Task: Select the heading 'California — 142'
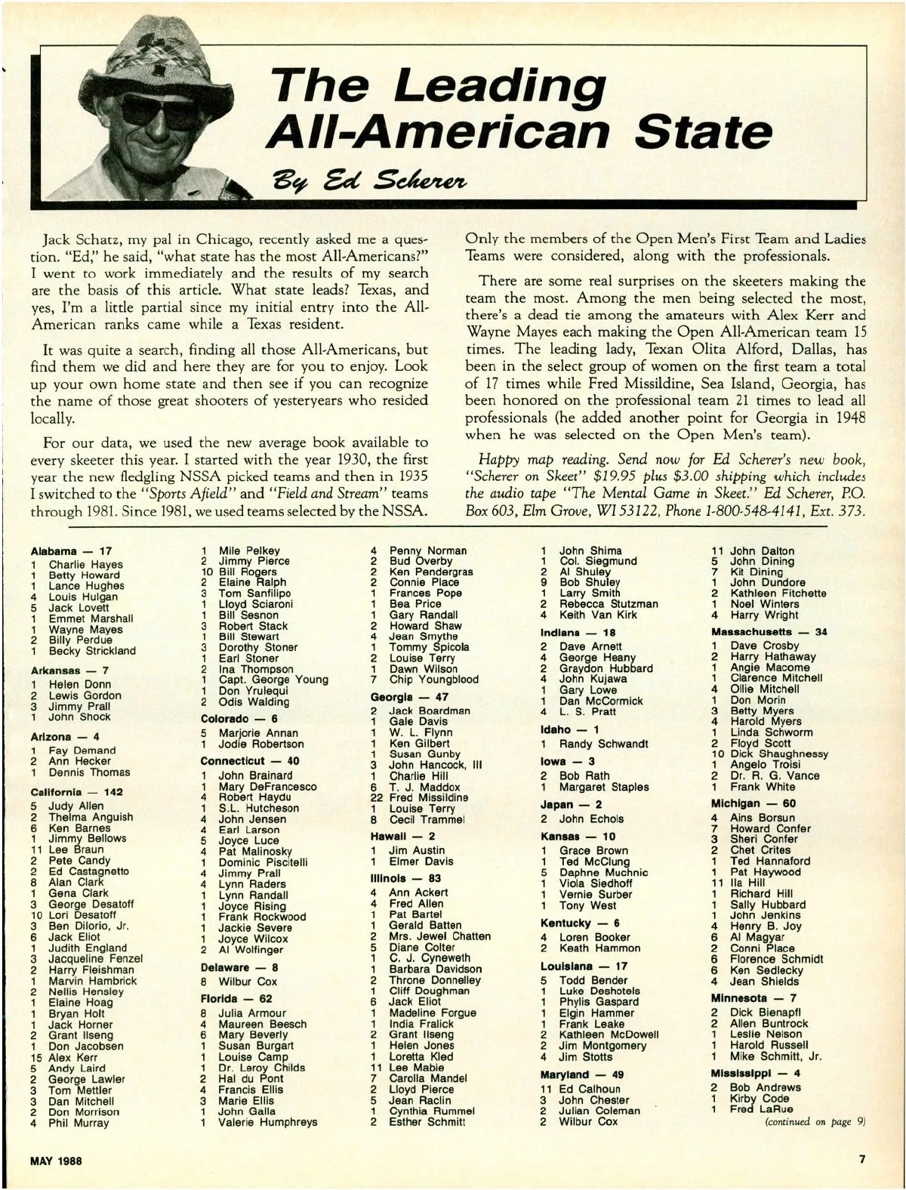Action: pyautogui.click(x=77, y=792)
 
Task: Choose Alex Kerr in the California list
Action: pyautogui.click(x=73, y=1058)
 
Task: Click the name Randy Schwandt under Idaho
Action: pyautogui.click(x=603, y=744)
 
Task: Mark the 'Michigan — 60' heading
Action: pyautogui.click(x=753, y=803)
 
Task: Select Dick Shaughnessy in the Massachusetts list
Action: pyautogui.click(x=779, y=754)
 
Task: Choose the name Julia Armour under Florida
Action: pyautogui.click(x=252, y=1013)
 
